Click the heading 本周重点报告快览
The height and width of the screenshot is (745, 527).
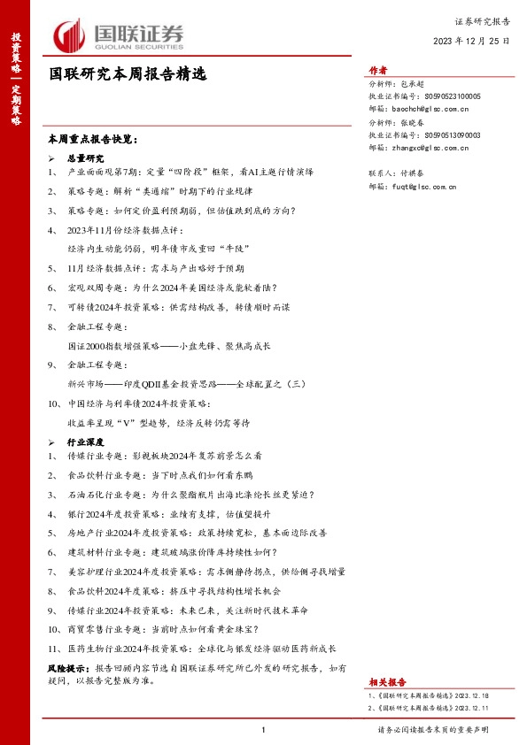click(93, 139)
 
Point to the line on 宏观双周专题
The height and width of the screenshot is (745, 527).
click(172, 288)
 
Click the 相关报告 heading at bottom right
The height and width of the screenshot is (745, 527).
click(386, 682)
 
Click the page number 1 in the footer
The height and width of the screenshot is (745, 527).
click(264, 730)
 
